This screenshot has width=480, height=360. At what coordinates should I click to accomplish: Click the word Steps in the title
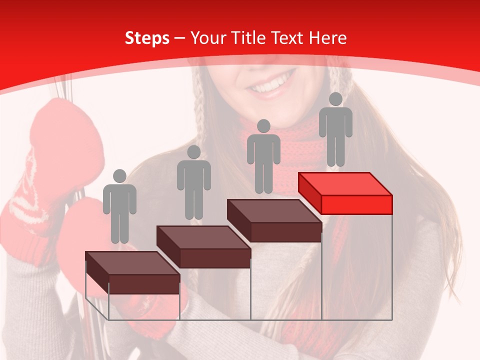[147, 38]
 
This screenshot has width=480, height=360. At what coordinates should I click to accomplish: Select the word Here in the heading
[327, 38]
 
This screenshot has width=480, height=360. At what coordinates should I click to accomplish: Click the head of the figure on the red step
[335, 99]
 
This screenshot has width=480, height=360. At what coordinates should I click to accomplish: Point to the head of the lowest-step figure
[119, 176]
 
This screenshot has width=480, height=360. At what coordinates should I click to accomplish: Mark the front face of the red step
[356, 204]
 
